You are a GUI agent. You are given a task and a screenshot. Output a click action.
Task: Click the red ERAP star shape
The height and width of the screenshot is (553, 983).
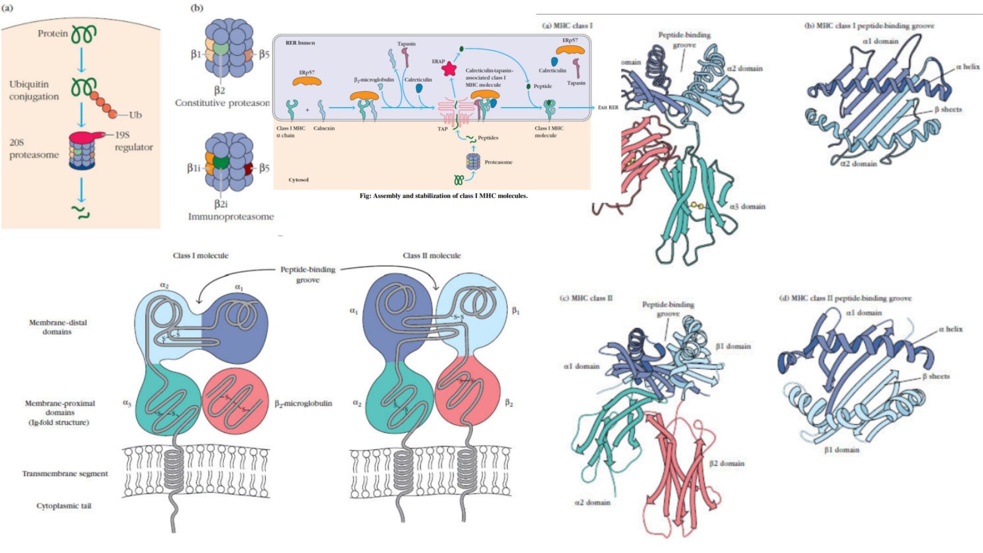[449, 69]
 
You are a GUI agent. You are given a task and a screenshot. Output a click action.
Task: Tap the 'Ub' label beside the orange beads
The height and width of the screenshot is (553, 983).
[135, 115]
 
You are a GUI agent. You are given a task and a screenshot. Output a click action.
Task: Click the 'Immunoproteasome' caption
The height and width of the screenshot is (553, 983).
[231, 216]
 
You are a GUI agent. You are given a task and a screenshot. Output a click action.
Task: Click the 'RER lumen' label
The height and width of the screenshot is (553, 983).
[300, 43]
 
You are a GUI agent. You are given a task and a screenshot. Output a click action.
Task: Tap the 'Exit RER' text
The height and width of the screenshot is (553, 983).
[608, 108]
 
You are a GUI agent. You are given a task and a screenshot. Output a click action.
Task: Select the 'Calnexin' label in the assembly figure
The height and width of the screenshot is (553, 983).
[324, 128]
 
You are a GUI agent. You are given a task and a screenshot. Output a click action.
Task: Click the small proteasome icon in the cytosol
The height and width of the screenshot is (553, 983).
[473, 162]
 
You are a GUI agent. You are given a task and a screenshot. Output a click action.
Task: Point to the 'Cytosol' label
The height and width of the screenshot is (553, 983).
[299, 180]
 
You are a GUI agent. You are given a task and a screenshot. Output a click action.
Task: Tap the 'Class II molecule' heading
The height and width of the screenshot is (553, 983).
[432, 256]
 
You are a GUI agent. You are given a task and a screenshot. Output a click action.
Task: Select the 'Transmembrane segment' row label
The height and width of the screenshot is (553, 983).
[65, 474]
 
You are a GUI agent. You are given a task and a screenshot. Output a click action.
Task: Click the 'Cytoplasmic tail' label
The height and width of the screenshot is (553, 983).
[64, 506]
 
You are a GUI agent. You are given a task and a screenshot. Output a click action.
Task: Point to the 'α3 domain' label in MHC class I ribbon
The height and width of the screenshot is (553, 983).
[747, 206]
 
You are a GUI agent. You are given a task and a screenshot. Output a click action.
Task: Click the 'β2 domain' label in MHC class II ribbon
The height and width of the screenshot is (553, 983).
[727, 463]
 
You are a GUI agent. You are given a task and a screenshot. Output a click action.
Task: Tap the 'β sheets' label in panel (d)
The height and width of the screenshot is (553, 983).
[935, 376]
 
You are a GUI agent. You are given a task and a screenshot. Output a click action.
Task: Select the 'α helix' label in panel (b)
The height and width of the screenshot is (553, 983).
[968, 67]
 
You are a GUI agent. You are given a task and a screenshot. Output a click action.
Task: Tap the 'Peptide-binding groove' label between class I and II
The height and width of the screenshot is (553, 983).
[308, 274]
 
